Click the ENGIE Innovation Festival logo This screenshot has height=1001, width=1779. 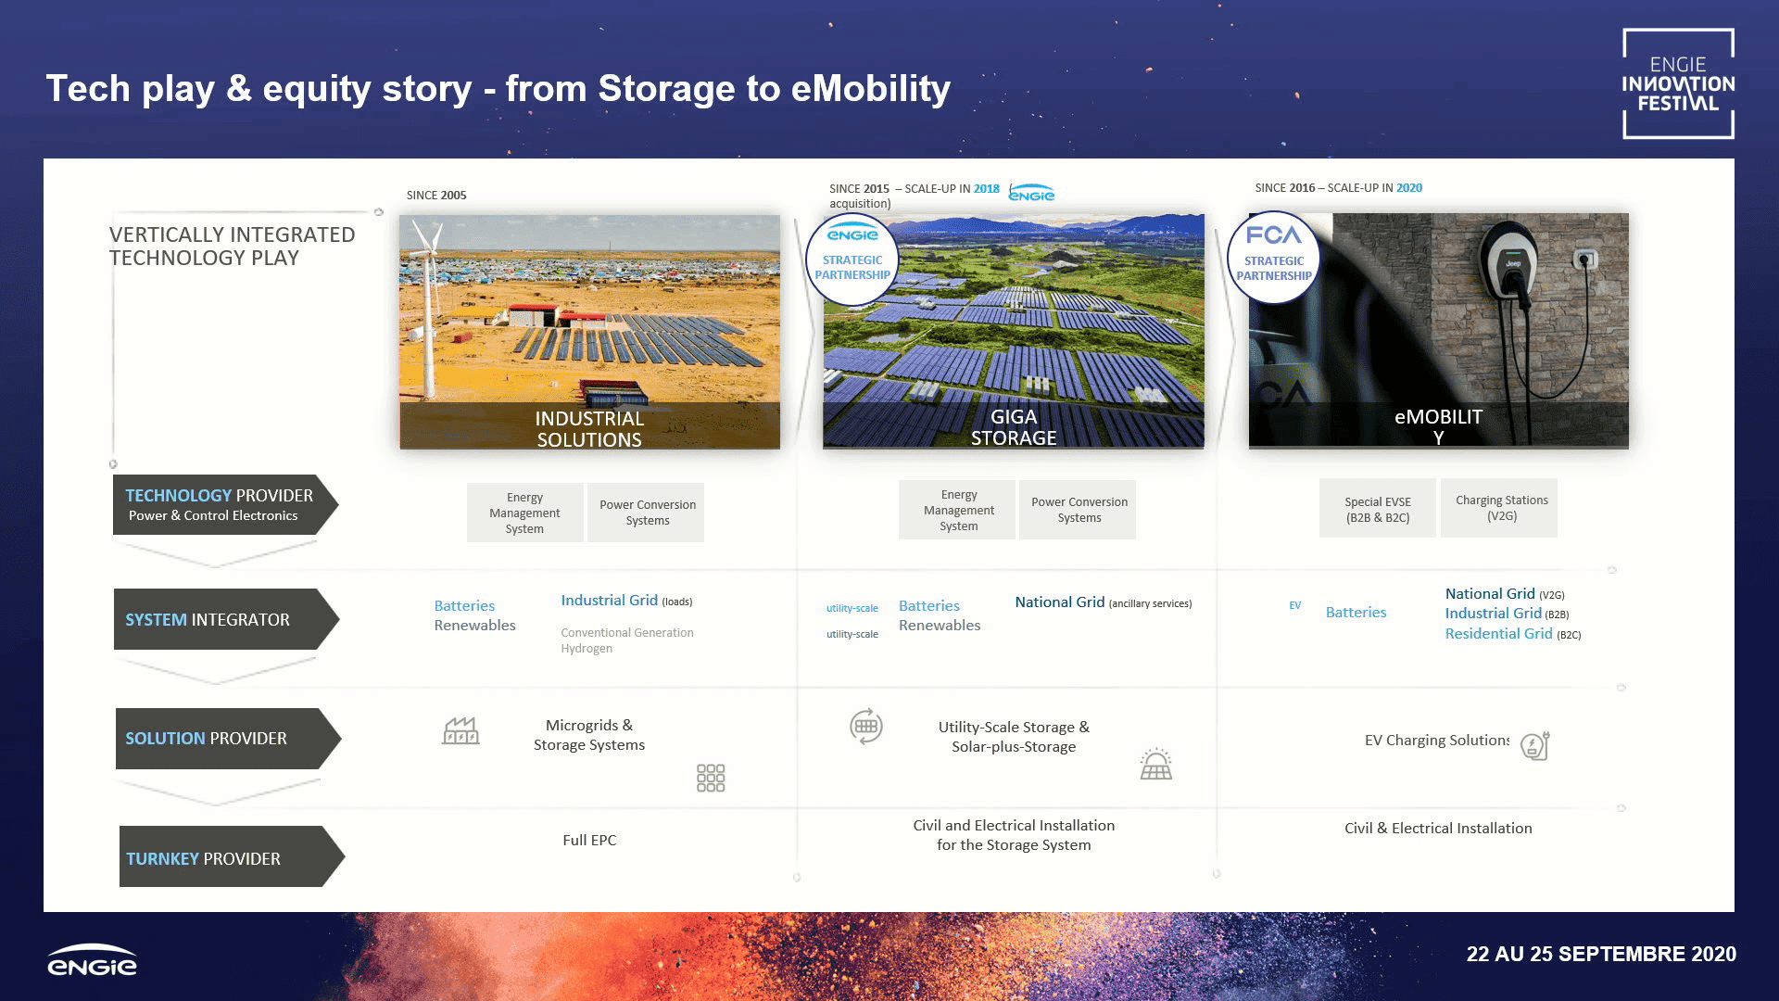[x=1678, y=83]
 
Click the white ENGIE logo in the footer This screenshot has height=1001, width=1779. [x=92, y=960]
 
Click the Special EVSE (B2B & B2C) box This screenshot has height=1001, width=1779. [x=1378, y=509]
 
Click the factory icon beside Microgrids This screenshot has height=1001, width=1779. [x=461, y=731]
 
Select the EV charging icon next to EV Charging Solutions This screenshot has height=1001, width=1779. [x=1534, y=745]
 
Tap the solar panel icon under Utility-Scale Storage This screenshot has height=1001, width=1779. [x=1156, y=764]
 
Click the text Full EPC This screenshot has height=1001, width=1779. [x=589, y=840]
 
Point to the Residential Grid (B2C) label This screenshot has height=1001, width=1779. [x=1513, y=634]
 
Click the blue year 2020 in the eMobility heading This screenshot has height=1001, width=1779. [x=1409, y=187]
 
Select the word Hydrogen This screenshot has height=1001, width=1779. [x=587, y=649]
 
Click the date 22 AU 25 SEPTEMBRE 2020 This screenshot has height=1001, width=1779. [x=1601, y=954]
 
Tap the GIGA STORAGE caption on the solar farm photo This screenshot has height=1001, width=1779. [x=1014, y=427]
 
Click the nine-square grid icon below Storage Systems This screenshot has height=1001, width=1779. [x=711, y=778]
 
